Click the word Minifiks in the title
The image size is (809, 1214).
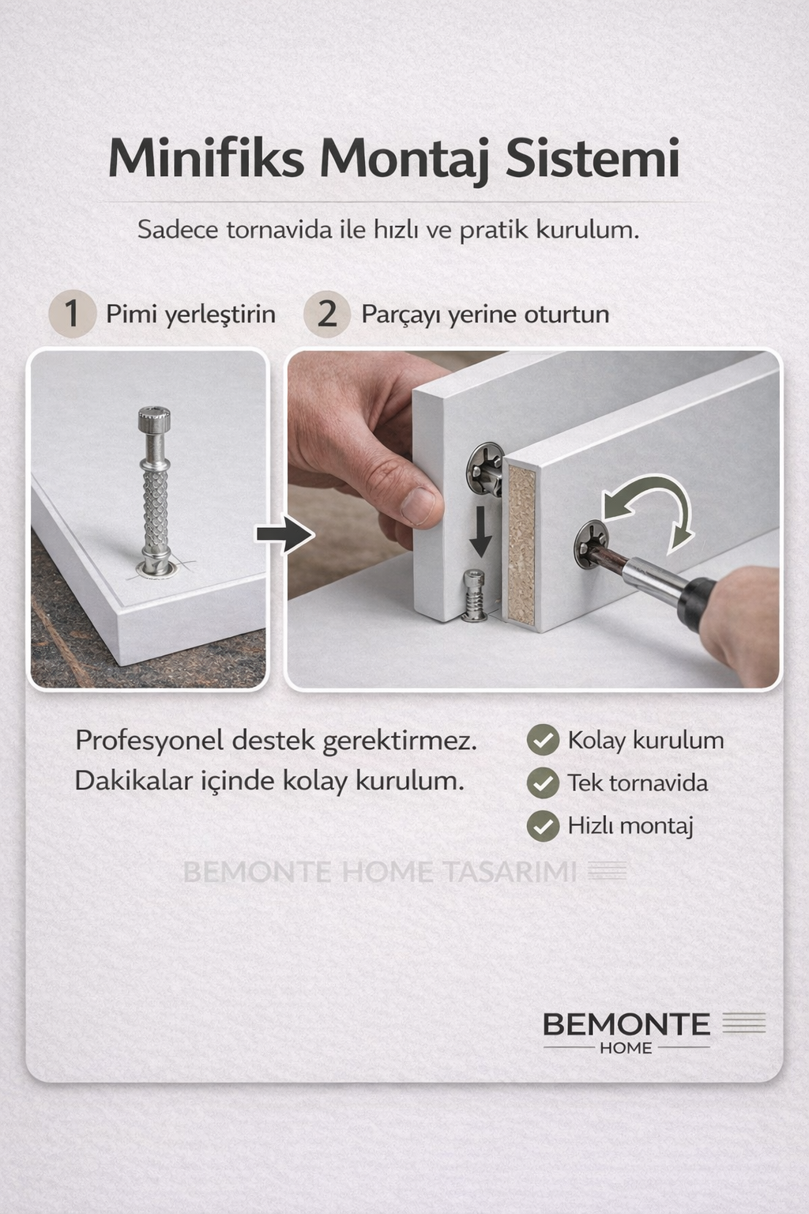tap(206, 158)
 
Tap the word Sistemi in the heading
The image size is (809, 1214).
tap(593, 158)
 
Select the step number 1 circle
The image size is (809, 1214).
tap(72, 314)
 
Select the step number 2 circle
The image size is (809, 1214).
tap(327, 314)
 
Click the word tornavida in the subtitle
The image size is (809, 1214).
tap(279, 230)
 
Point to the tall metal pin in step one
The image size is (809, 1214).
tap(154, 491)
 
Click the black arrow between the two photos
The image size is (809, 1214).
tap(285, 534)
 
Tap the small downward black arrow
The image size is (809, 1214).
tap(480, 533)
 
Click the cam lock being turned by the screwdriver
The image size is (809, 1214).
tap(591, 544)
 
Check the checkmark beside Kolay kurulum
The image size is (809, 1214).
tap(543, 740)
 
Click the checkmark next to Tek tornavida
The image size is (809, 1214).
tap(543, 782)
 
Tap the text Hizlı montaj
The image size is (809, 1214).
tap(630, 826)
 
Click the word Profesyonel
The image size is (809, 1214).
tap(149, 741)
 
